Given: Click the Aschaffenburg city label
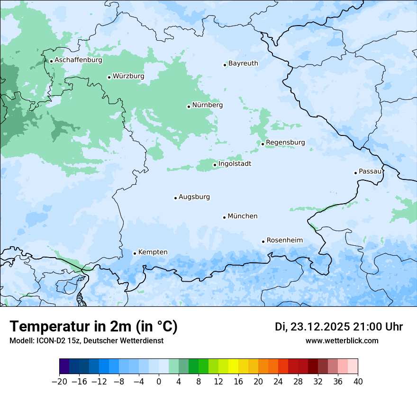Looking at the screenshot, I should point(78,60).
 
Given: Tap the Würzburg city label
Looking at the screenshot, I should point(128,76).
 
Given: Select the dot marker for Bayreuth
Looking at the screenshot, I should point(225,65).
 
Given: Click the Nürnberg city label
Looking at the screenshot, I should point(208,105).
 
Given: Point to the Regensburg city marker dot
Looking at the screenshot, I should point(263,144).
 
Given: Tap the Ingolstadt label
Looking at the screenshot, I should point(235,164).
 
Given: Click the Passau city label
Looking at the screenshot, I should point(370,171).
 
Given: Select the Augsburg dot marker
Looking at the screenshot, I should point(175,198).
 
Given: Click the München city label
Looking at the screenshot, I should point(243,216).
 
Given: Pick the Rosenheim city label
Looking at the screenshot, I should point(284,241).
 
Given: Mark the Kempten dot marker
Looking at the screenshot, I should point(135,253).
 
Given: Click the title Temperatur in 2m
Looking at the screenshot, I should point(93,327).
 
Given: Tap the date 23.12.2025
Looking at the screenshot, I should point(320,327).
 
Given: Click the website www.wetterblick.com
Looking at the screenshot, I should point(342,341).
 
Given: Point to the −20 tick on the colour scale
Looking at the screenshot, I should point(59,382).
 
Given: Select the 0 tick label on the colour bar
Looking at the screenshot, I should point(159,382).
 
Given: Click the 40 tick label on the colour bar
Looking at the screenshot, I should point(358,382).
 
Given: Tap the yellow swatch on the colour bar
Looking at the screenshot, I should point(233,366).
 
